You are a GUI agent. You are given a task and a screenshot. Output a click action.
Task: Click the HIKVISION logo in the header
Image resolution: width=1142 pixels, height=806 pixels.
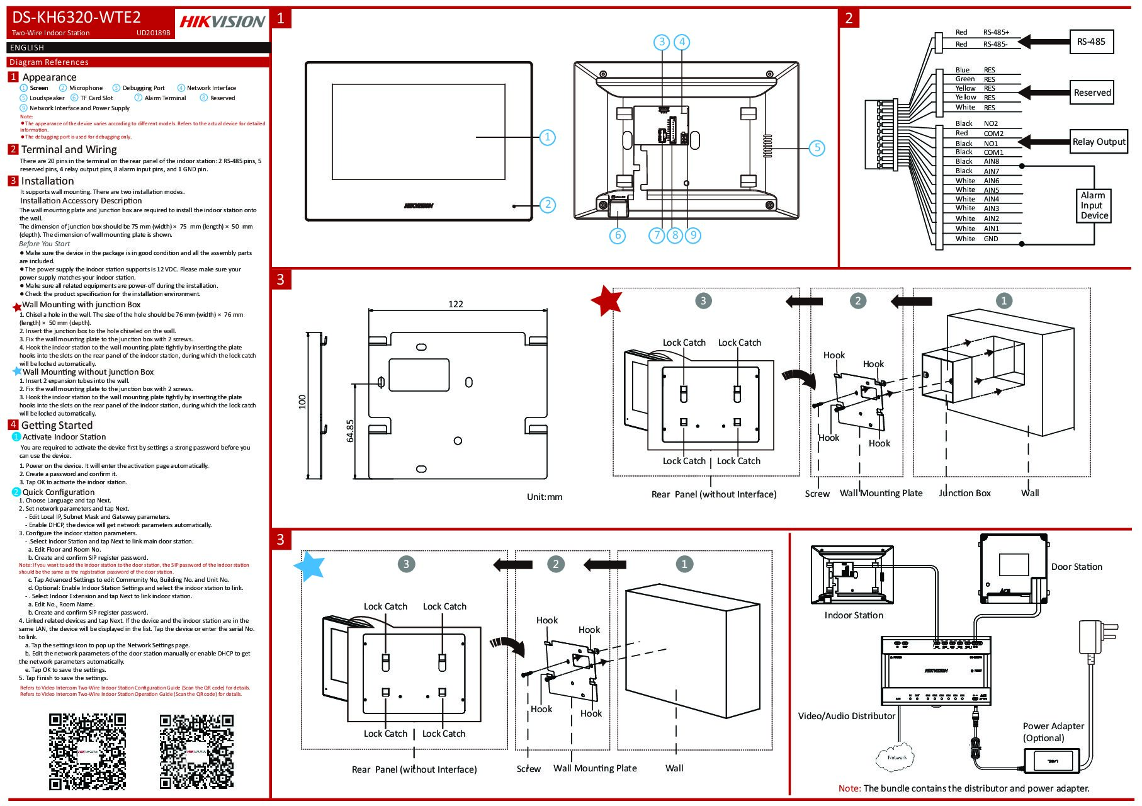pyautogui.click(x=222, y=22)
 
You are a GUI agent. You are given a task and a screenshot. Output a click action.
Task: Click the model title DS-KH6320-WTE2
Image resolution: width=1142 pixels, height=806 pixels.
pyautogui.click(x=76, y=18)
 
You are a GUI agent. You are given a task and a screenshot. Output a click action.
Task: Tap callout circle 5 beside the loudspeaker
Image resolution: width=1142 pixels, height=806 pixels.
pyautogui.click(x=817, y=148)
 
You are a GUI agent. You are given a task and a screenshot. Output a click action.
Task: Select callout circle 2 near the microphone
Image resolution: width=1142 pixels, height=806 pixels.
pyautogui.click(x=548, y=204)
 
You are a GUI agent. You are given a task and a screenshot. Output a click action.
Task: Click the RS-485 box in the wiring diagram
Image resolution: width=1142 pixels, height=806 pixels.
pyautogui.click(x=1090, y=42)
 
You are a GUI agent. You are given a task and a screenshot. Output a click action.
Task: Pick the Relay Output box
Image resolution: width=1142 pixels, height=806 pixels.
pyautogui.click(x=1099, y=142)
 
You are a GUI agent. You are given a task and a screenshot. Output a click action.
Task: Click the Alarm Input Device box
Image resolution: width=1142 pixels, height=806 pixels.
pyautogui.click(x=1094, y=205)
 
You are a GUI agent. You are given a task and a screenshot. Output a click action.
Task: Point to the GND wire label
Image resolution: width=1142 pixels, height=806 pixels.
pyautogui.click(x=990, y=239)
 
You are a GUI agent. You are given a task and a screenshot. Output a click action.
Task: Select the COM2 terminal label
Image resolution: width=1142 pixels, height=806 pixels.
pyautogui.click(x=993, y=133)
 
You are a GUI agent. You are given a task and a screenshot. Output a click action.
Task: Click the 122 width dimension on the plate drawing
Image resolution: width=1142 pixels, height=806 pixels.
pyautogui.click(x=455, y=304)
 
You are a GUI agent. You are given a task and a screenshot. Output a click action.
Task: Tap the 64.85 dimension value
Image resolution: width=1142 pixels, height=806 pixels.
pyautogui.click(x=351, y=431)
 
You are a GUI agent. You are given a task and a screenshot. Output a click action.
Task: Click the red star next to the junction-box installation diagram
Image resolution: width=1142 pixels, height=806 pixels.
pyautogui.click(x=606, y=300)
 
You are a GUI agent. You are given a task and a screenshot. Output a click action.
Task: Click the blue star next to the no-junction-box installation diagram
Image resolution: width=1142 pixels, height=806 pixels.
pyautogui.click(x=310, y=565)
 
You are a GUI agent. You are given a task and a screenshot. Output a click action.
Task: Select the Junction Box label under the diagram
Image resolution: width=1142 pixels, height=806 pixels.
pyautogui.click(x=964, y=493)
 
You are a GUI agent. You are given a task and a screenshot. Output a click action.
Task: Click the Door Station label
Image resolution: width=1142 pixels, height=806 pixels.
pyautogui.click(x=1076, y=567)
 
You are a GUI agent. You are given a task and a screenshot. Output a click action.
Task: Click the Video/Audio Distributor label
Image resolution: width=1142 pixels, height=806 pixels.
pyautogui.click(x=846, y=716)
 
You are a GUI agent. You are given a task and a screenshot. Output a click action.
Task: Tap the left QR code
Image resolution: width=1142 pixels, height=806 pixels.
pyautogui.click(x=88, y=751)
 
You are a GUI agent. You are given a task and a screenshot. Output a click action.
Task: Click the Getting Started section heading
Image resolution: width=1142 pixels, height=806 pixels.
pyautogui.click(x=57, y=425)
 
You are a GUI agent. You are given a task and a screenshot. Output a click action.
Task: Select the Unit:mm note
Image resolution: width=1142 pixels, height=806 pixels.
pyautogui.click(x=544, y=497)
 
